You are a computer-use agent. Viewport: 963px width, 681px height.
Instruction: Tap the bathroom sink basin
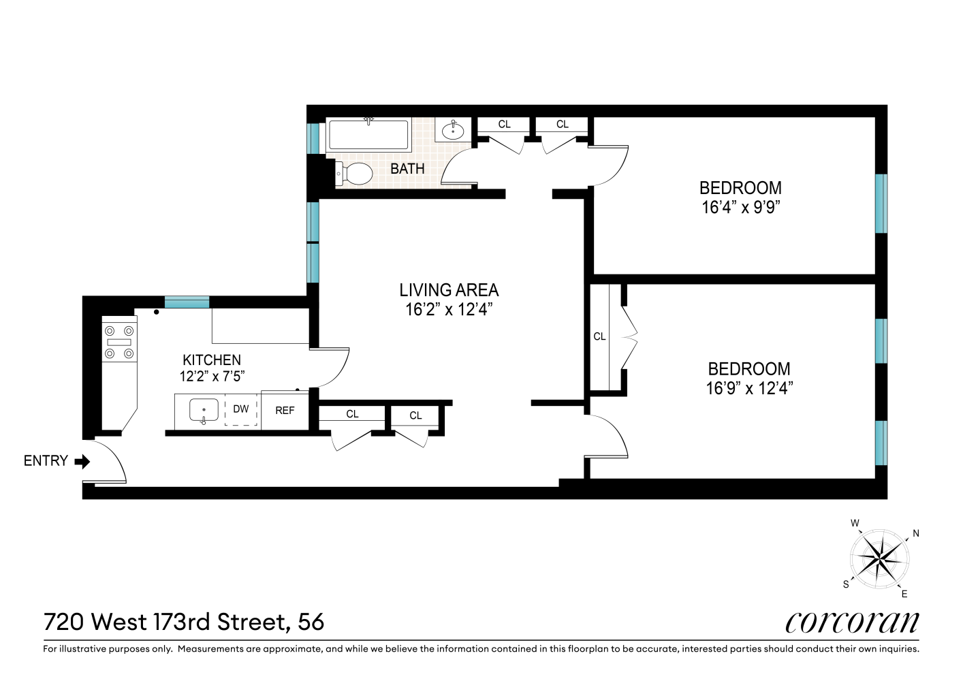(x=453, y=130)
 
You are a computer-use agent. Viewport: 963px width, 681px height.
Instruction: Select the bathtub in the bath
(x=368, y=136)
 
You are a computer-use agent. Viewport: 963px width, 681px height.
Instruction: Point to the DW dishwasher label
(x=241, y=409)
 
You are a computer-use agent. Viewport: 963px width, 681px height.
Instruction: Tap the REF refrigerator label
(x=285, y=411)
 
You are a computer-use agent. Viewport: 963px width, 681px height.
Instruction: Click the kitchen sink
(x=204, y=411)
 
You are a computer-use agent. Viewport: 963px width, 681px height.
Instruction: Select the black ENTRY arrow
(x=82, y=462)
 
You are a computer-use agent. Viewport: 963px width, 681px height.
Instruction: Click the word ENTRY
(x=46, y=461)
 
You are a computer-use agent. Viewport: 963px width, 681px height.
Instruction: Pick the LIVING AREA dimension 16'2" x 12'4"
(x=449, y=310)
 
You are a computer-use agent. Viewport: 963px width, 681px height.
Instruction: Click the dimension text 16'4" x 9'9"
(x=740, y=208)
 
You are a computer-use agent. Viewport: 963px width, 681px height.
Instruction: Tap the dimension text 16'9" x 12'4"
(x=749, y=389)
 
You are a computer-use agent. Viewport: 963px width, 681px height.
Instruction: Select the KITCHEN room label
(x=212, y=360)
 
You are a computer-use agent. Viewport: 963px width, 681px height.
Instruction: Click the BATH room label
(x=407, y=168)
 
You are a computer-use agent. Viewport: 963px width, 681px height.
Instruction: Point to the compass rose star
(x=880, y=559)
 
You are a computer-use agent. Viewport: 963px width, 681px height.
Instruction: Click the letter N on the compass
(x=916, y=533)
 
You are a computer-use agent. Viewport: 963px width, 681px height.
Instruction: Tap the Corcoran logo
(x=852, y=622)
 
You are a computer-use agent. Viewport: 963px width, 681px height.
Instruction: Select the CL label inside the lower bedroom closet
(x=599, y=336)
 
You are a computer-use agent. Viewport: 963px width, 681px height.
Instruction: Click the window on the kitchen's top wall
(x=187, y=302)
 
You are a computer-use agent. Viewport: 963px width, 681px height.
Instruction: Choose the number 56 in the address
(x=310, y=622)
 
